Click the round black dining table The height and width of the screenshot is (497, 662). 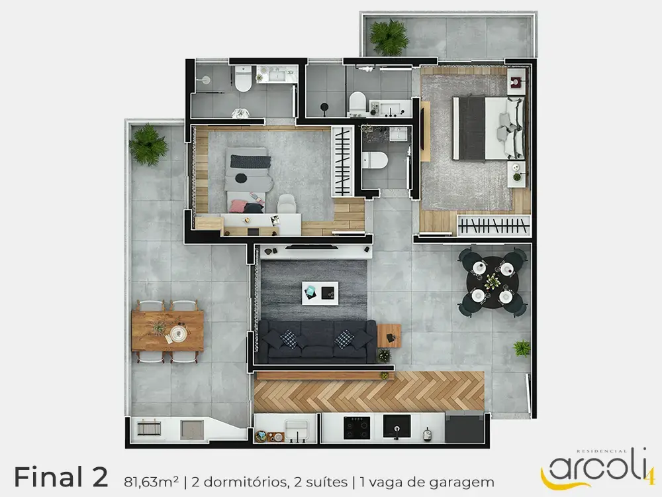[x=493, y=282]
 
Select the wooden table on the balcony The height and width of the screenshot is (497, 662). [x=167, y=331]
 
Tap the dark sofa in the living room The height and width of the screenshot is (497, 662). [x=316, y=341]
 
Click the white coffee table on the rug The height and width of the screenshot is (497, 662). [x=320, y=293]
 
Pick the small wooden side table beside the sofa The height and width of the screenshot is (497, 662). [x=389, y=335]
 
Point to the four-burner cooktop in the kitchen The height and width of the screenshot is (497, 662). [x=357, y=427]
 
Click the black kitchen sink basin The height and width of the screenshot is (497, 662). [x=397, y=426]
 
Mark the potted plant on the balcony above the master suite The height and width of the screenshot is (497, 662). [x=389, y=37]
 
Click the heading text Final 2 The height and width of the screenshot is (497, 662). [x=61, y=477]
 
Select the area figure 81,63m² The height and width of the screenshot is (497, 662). [x=151, y=482]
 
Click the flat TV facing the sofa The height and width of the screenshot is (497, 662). [x=312, y=247]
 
